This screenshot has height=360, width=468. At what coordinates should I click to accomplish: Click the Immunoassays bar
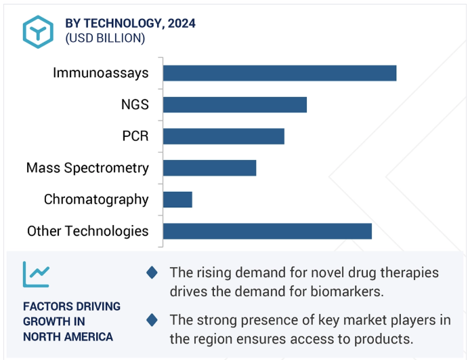tap(280, 73)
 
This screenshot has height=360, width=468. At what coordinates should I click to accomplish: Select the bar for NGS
tap(235, 105)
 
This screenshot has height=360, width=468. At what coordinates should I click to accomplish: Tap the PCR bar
tap(224, 136)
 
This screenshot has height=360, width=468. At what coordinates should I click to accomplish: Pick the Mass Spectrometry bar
tap(209, 168)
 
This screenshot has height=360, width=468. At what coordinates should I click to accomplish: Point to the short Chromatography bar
tap(177, 199)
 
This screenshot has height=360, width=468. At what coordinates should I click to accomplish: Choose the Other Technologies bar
tap(268, 231)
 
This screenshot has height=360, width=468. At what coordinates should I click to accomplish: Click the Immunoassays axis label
tap(101, 73)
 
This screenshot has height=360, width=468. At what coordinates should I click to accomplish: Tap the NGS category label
tap(135, 104)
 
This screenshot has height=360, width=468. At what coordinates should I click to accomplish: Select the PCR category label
tap(135, 136)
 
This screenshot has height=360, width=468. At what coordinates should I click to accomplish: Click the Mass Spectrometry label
tap(87, 168)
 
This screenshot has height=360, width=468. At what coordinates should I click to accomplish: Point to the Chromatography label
tap(96, 200)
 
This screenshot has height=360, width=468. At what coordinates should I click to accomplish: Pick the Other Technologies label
tap(88, 231)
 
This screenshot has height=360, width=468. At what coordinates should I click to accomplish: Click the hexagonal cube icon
tap(38, 32)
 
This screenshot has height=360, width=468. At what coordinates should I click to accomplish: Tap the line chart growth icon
tap(36, 275)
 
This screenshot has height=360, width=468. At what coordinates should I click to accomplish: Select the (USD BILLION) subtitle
tap(105, 38)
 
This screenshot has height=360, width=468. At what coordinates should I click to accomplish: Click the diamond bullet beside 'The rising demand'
tap(152, 273)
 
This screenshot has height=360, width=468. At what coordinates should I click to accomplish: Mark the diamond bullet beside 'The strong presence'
tap(152, 320)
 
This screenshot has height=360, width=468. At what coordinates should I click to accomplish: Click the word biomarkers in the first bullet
tap(347, 292)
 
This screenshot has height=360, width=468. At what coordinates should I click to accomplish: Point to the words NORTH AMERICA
tap(68, 337)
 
